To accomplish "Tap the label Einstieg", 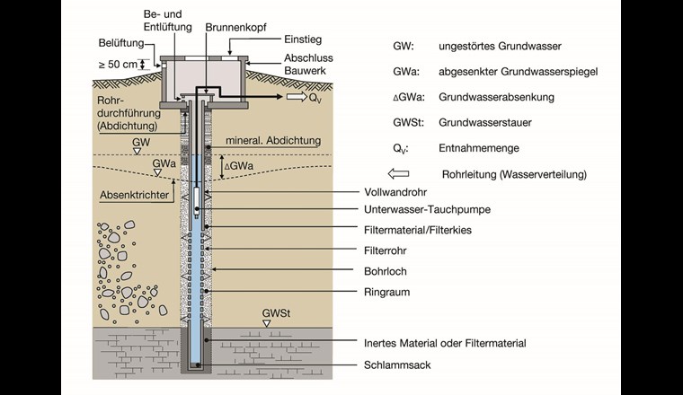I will point(277,40).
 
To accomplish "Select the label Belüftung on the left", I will point(120,44).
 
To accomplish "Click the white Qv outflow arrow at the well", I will point(295,98).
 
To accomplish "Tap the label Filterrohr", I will point(387,250).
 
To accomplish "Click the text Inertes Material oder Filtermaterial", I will point(445,342).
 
